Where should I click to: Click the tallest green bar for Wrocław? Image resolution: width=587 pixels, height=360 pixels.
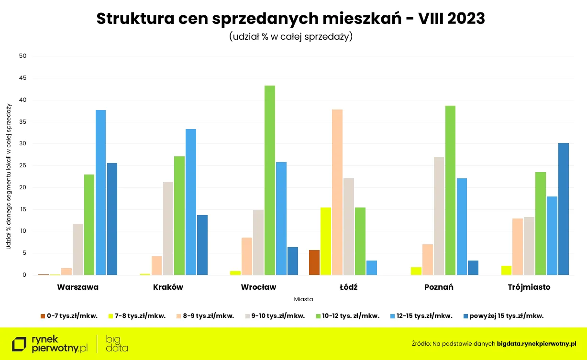coord(270,180)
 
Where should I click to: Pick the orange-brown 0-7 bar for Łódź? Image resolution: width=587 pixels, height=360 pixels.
coord(314,262)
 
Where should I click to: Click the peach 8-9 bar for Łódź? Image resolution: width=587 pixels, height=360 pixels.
coord(337,192)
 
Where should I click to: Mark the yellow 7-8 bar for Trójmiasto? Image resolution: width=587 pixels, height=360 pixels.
coord(507,270)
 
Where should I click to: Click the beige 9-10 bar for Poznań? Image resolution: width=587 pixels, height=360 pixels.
coord(439,216)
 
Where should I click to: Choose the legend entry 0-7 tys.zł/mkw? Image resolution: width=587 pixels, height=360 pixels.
coord(69,316)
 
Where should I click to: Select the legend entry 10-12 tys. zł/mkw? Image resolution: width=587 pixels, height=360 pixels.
coord(347,316)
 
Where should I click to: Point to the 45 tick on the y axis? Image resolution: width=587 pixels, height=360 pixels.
coord(22,78)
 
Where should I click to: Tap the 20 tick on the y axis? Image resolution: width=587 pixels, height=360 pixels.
coord(22,187)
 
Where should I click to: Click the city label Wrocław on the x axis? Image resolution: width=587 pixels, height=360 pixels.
coord(258,287)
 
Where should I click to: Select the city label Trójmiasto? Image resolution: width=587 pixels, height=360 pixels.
coord(529,287)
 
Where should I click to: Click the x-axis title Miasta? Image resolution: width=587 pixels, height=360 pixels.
coord(303,299)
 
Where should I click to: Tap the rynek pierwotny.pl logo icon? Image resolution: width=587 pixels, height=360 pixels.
coord(20,344)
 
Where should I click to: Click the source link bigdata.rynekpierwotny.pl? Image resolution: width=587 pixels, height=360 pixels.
coord(536,343)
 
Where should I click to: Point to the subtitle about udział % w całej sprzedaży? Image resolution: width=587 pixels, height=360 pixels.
coord(290,37)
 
